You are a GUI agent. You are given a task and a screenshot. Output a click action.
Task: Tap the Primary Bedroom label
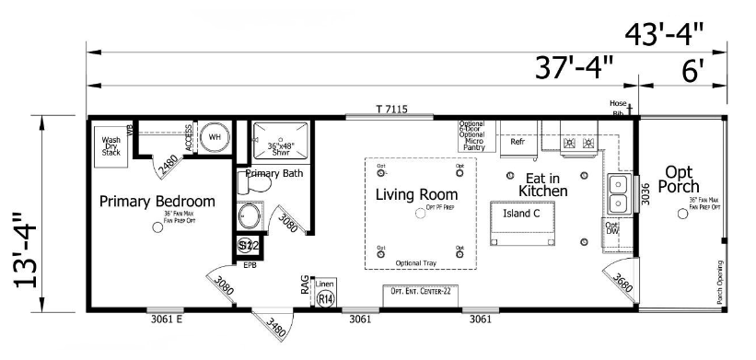click(157, 202)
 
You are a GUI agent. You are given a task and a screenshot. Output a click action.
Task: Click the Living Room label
click(416, 194)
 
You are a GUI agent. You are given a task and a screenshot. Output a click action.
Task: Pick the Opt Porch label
click(679, 180)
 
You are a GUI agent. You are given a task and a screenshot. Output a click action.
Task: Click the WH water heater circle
click(215, 137)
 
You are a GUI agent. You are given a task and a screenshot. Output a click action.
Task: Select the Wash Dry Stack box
click(111, 145)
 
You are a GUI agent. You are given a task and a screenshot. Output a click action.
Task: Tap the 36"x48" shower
click(277, 142)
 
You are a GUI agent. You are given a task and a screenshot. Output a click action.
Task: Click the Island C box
click(521, 213)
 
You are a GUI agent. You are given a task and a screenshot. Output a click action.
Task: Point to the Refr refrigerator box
click(518, 142)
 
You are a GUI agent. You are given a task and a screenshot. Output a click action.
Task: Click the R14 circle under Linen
click(324, 299)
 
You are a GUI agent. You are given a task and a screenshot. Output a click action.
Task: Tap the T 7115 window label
click(391, 110)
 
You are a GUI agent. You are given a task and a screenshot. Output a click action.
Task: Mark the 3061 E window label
click(167, 320)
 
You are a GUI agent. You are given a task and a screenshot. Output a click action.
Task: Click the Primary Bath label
click(274, 173)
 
